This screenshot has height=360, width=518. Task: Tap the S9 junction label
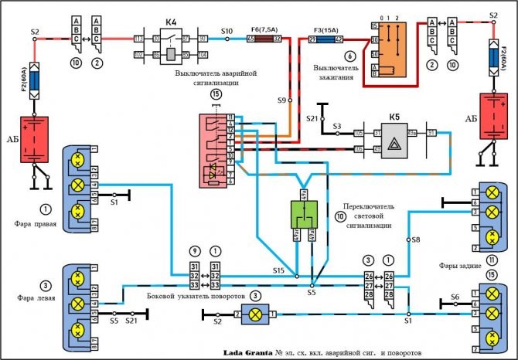coord(283,100)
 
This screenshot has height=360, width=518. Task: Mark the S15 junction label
coord(278,270)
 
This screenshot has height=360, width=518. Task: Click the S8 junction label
coord(415,240)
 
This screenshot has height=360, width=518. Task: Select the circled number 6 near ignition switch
coord(349,56)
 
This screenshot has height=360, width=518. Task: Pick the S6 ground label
coord(455,296)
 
